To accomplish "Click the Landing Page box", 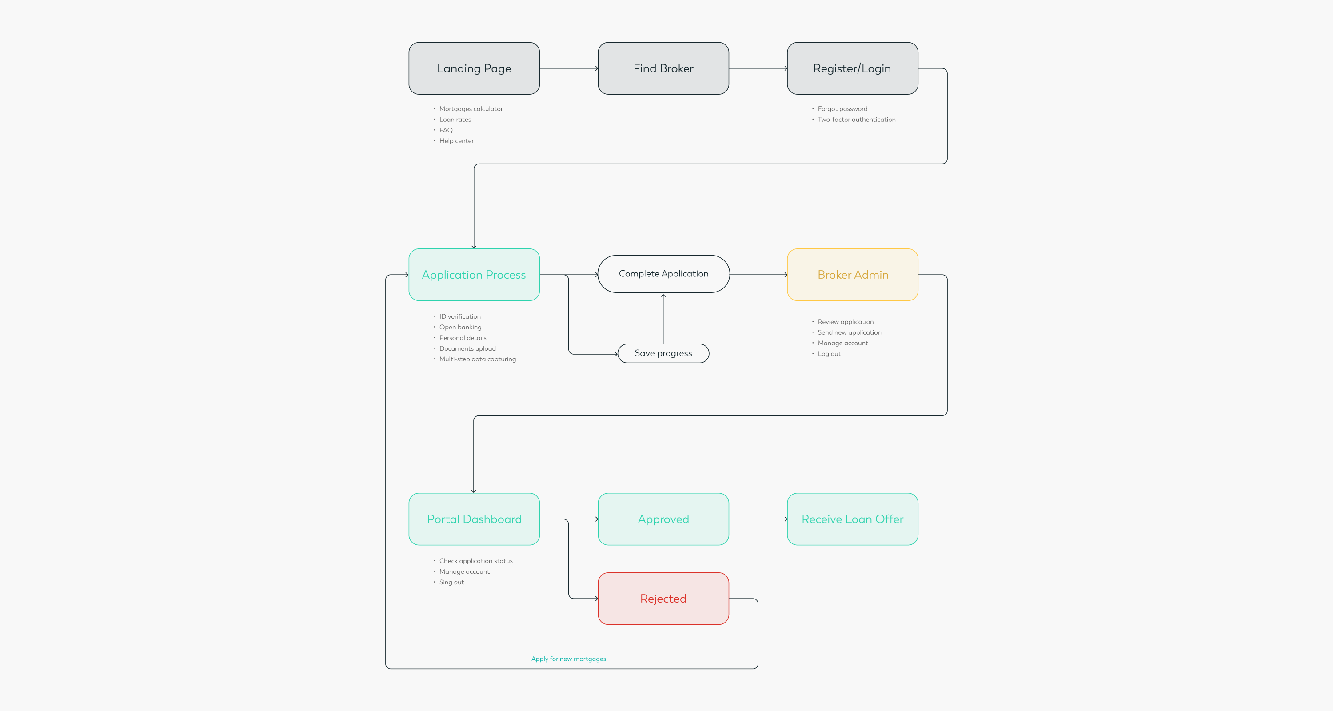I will coord(474,68).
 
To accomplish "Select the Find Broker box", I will coord(663,68).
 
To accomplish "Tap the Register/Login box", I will coord(852,68).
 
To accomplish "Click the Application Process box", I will coord(474,275).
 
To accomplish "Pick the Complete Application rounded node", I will coord(663,274).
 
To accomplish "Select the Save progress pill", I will coord(663,353).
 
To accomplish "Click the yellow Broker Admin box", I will coord(852,275).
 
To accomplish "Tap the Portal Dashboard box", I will coord(474,519).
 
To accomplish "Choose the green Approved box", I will coord(663,519).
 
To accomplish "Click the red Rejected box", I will coord(663,599).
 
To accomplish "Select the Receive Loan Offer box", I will coord(852,519).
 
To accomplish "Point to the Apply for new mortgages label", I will coord(569,659).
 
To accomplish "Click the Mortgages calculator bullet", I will coord(471,109).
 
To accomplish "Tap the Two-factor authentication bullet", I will coord(856,120).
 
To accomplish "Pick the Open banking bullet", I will coord(460,327).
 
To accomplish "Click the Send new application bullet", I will coord(849,332).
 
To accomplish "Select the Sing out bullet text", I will coord(451,582).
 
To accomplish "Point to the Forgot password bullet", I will coord(842,109).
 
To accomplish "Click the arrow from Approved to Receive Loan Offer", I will coord(758,519).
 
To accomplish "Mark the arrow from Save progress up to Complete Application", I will coord(663,319).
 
